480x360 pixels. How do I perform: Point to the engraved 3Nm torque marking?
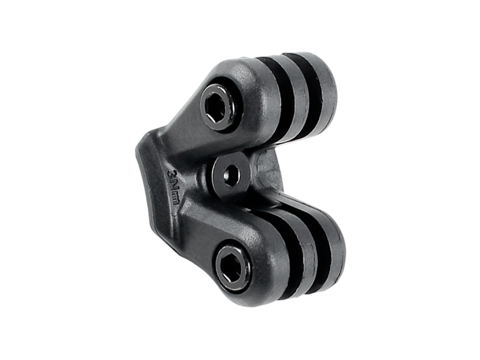pyautogui.click(x=173, y=187)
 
